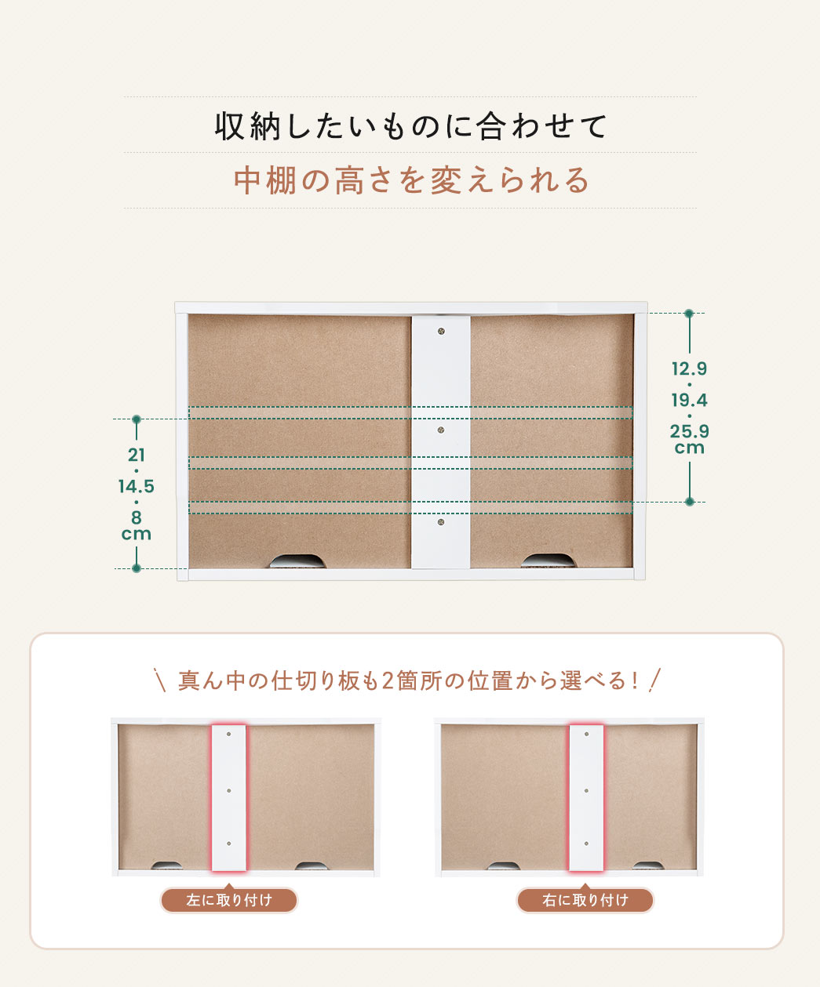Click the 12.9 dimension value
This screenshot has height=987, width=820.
[x=689, y=368]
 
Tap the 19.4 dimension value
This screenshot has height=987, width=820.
[x=689, y=401]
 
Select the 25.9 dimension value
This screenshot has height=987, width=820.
[x=689, y=431]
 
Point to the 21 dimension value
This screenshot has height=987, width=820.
[x=137, y=455]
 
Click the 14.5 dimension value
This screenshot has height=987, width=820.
[x=137, y=486]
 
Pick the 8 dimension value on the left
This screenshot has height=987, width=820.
[x=137, y=517]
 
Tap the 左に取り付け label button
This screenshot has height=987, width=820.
[x=229, y=900]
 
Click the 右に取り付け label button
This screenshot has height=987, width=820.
[x=585, y=900]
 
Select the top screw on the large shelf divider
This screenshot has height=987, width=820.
[x=441, y=332]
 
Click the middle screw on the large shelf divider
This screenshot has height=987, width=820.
[x=441, y=430]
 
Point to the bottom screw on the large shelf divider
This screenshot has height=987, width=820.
[x=441, y=522]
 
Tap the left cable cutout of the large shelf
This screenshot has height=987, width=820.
[x=298, y=561]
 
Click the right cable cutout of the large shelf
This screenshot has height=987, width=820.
[x=548, y=561]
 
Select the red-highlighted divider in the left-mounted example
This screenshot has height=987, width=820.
[x=229, y=797]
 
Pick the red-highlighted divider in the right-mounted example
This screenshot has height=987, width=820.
[x=586, y=797]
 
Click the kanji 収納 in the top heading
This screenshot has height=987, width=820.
[x=249, y=127]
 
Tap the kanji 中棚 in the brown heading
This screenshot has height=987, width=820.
[x=265, y=180]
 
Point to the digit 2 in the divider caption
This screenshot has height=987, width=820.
[x=388, y=681]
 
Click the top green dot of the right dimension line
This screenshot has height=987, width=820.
[x=689, y=314]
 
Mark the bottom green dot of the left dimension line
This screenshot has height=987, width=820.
[x=137, y=568]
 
